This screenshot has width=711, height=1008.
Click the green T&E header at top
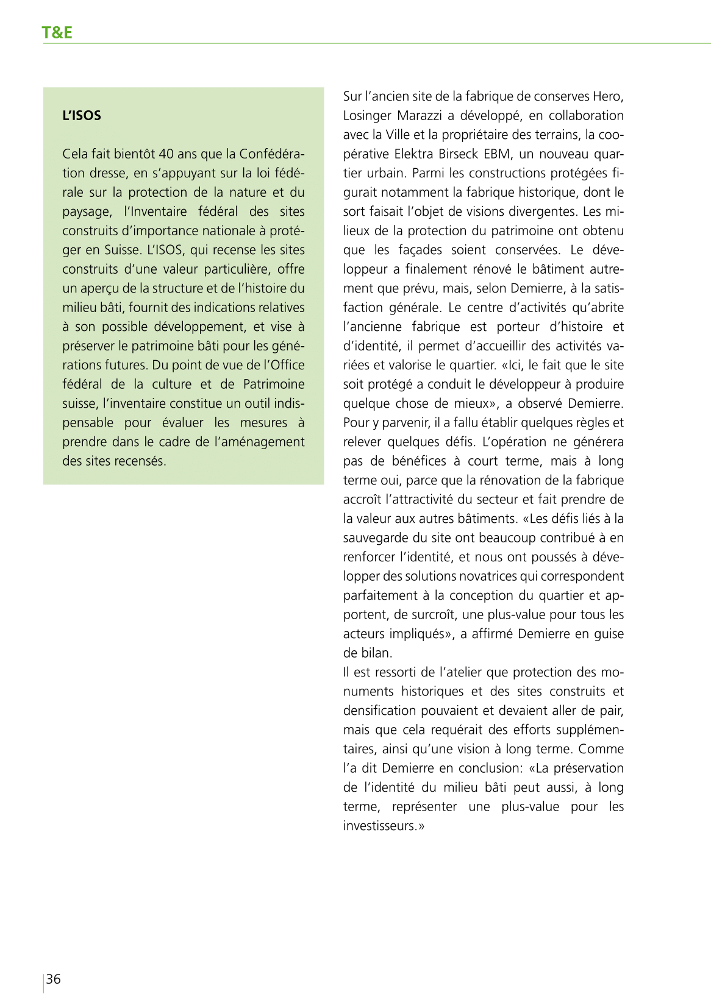[57, 32]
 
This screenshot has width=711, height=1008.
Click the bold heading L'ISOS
[82, 116]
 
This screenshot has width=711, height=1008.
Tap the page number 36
[54, 979]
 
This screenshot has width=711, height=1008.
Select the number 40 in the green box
[166, 154]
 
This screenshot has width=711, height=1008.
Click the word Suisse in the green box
[121, 250]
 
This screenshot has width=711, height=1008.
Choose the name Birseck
[458, 154]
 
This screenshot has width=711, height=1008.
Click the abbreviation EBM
[498, 154]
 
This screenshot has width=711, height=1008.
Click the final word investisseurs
[381, 826]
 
